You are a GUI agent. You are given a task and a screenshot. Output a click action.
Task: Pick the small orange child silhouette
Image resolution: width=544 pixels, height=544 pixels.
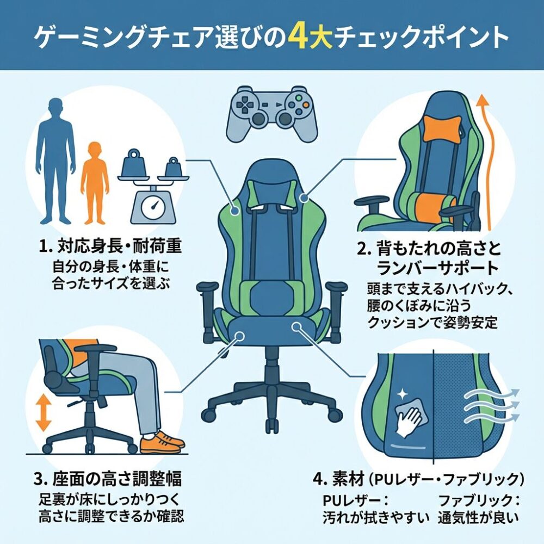pos(95,183)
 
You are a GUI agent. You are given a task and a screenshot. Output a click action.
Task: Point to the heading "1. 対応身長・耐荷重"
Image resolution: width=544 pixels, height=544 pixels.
pos(110,246)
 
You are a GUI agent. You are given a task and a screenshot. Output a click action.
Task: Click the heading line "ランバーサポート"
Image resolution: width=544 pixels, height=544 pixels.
pos(437,267)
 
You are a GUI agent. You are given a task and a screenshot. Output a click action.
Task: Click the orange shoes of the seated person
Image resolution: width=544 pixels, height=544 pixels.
pos(162,442)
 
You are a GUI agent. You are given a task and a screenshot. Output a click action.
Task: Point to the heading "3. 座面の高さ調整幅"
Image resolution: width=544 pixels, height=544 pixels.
pos(108,479)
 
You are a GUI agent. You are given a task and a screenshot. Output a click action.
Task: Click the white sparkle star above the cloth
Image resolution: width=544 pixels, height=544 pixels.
pos(403,394)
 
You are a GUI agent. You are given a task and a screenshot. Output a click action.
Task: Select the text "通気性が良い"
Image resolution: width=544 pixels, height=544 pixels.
pos(478,518)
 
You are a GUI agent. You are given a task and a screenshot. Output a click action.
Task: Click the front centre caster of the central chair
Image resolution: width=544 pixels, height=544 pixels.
pos(272,426)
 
